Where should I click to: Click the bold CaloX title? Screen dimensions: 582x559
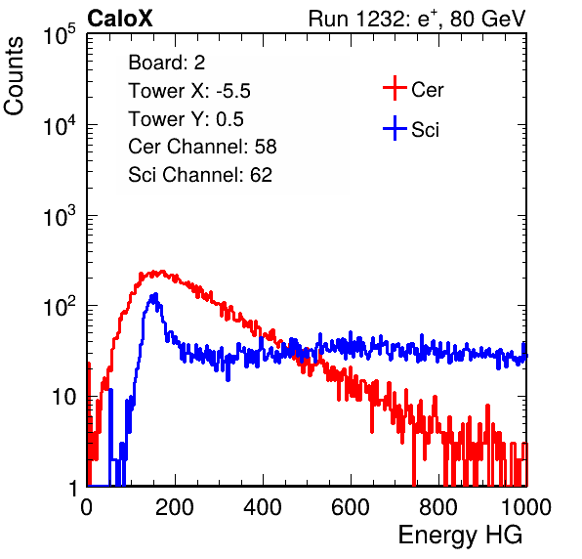pyautogui.click(x=120, y=19)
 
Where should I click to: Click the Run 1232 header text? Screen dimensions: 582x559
pyautogui.click(x=417, y=19)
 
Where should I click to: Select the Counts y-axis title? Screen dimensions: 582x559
pyautogui.click(x=14, y=76)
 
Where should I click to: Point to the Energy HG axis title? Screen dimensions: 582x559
pyautogui.click(x=460, y=536)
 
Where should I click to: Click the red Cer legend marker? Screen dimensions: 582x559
pyautogui.click(x=395, y=88)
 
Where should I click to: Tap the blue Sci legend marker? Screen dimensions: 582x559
pyautogui.click(x=395, y=128)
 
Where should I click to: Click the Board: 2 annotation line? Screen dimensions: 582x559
pyautogui.click(x=167, y=63)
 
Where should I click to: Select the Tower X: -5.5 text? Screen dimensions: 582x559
pyautogui.click(x=189, y=91)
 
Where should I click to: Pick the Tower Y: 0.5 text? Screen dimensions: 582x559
pyautogui.click(x=186, y=119)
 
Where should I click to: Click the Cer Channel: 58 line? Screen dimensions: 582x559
pyautogui.click(x=202, y=147)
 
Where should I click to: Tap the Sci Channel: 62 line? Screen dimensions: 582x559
pyautogui.click(x=200, y=175)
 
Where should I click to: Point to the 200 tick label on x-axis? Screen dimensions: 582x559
pyautogui.click(x=175, y=507)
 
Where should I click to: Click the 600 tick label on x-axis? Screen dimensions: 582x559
pyautogui.click(x=351, y=507)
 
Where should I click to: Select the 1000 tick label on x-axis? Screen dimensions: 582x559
pyautogui.click(x=526, y=507)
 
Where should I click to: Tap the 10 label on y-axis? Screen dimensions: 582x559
pyautogui.click(x=63, y=397)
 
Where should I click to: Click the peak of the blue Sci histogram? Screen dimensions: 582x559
pyautogui.click(x=156, y=294)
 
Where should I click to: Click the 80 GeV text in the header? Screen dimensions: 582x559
pyautogui.click(x=488, y=19)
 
